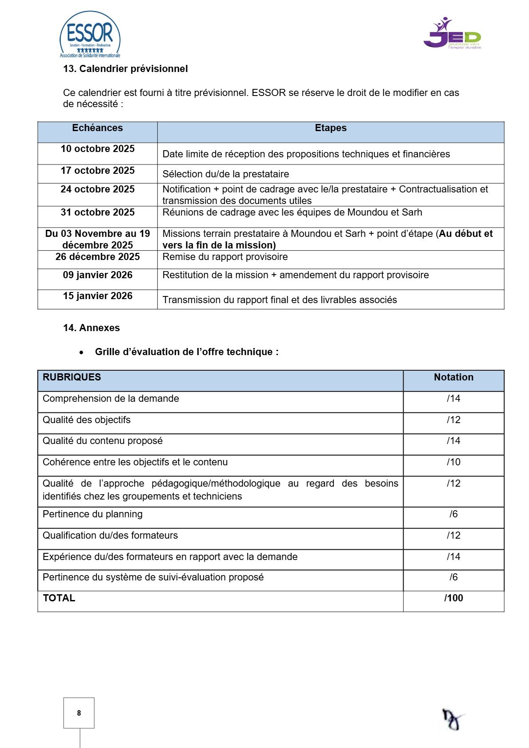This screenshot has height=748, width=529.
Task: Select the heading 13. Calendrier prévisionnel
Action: pos(125,69)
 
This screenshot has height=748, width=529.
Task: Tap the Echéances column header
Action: pos(97,128)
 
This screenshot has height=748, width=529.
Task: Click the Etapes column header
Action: pos(330,128)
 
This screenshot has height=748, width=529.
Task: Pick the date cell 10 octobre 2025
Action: pos(97,149)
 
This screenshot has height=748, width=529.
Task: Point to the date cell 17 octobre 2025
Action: pos(97,171)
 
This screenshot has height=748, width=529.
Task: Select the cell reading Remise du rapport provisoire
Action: pos(225,257)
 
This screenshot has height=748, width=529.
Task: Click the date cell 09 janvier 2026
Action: pos(97,275)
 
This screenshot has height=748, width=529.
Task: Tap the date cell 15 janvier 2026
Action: pos(97,296)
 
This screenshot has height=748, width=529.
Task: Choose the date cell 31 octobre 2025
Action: pos(97,212)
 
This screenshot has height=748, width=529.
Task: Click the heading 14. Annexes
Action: pos(91,328)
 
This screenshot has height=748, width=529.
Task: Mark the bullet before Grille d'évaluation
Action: pos(81,352)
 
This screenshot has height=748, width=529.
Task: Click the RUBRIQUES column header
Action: pos(72,377)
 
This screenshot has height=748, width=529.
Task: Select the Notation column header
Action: pos(453,377)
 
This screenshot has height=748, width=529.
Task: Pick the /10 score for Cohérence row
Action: pos(453,462)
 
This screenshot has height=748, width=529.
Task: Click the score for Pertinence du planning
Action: pos(453,514)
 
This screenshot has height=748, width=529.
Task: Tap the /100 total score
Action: pos(453,598)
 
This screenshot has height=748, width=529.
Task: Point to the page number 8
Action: pos(79,713)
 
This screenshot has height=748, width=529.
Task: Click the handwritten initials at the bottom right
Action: pos(452,719)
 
